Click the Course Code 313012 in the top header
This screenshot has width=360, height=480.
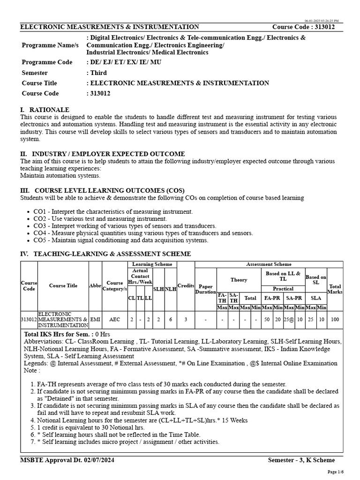(x=304, y=27)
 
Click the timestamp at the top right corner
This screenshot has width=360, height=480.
(x=322, y=21)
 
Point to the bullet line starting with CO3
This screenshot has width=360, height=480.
(x=125, y=226)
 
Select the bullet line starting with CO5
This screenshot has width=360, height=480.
(x=120, y=240)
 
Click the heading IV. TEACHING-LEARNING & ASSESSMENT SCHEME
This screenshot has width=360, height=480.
(x=105, y=254)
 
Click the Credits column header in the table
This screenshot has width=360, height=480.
(x=186, y=286)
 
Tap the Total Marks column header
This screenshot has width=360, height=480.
(x=335, y=289)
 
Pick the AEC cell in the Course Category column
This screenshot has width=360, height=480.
(x=114, y=319)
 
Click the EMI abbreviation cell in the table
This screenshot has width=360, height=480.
(x=95, y=319)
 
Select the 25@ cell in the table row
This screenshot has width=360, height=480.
(x=289, y=319)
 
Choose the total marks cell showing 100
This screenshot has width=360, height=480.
(x=335, y=319)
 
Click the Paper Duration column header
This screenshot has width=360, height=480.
(x=205, y=289)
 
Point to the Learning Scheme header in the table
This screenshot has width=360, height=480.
(x=152, y=264)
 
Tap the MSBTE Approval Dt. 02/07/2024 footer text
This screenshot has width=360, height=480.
(x=67, y=460)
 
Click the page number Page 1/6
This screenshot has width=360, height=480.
(x=335, y=472)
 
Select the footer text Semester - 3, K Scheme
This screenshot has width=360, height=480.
(x=301, y=460)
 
